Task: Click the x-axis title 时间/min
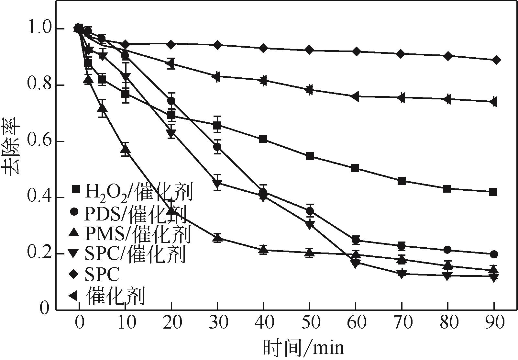[x=303, y=348]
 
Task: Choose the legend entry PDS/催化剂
[x=128, y=212]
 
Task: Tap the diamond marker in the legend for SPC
[x=74, y=275]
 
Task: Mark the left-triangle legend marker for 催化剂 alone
[x=73, y=295]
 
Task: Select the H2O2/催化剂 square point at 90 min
[x=493, y=192]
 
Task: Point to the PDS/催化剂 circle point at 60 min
[x=356, y=240]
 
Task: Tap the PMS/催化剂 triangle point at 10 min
[x=126, y=150]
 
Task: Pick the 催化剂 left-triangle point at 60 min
[x=355, y=96]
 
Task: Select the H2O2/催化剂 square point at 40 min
[x=263, y=140]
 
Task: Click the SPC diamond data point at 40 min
[x=263, y=48]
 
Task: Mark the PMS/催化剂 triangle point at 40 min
[x=263, y=249]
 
